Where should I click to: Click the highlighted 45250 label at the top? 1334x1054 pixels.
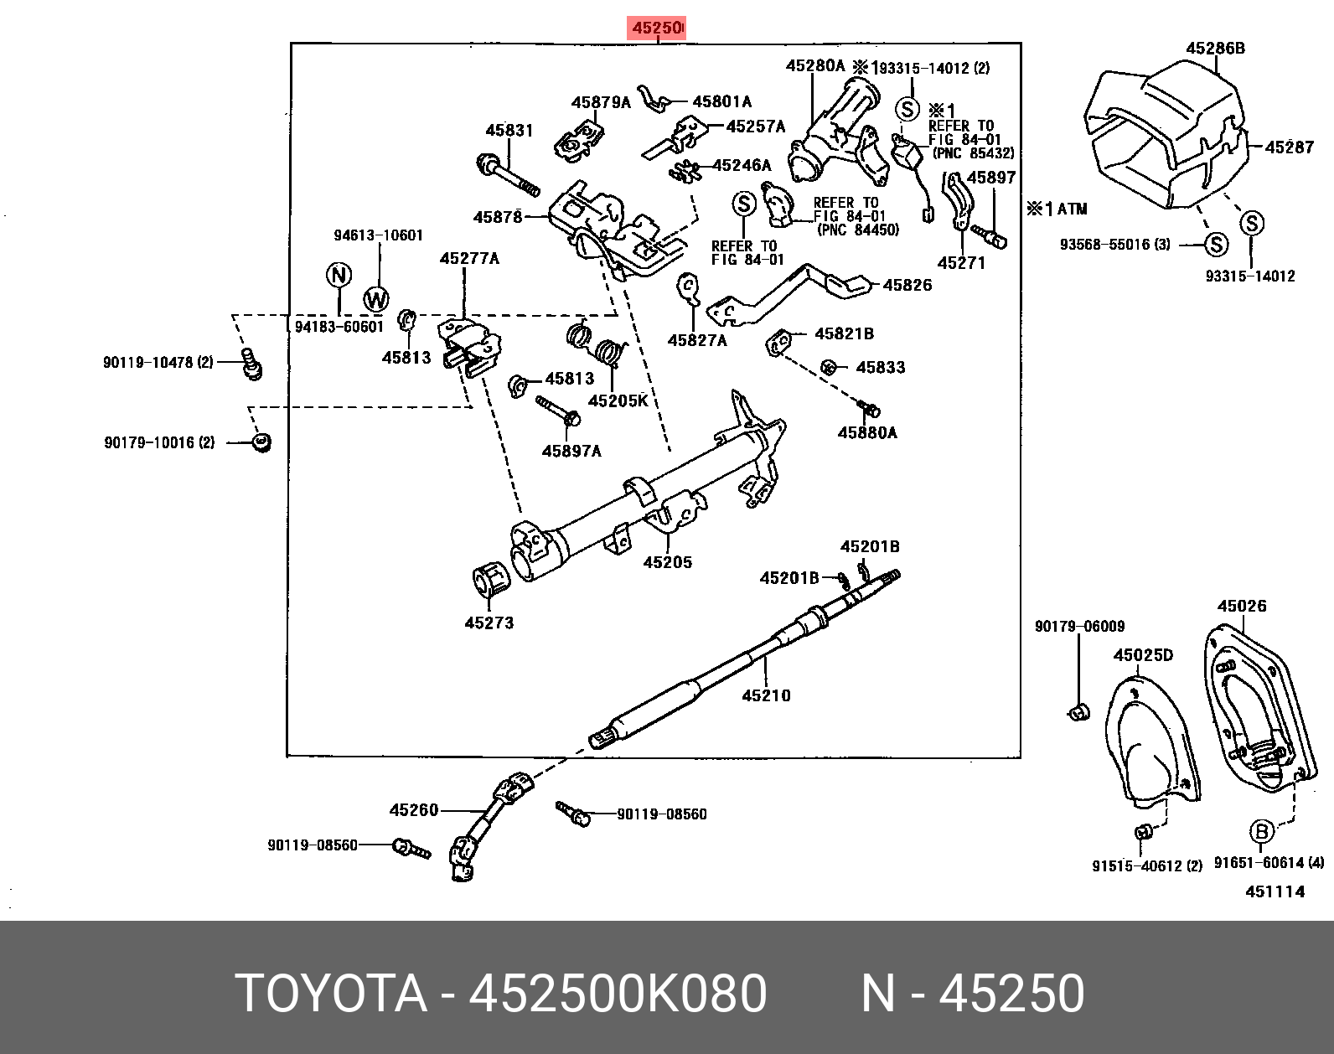657,28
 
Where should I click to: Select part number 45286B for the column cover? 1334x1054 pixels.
1215,49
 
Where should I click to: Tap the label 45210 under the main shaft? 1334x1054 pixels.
766,695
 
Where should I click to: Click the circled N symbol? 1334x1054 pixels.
339,275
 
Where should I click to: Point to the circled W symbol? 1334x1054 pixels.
376,299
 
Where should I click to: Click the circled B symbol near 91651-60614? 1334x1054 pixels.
1261,832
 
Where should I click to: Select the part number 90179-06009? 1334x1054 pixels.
1079,627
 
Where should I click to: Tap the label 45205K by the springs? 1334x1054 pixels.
618,401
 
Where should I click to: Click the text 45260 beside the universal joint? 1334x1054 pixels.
414,810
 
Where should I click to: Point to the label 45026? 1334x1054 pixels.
1242,606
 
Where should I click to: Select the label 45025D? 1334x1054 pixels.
1143,655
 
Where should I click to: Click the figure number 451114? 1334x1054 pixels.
1275,891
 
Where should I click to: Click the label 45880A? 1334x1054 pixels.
867,433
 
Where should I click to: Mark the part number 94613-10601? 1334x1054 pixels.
378,235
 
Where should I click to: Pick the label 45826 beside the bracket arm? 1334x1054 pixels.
907,286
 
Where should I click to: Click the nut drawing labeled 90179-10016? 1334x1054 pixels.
262,442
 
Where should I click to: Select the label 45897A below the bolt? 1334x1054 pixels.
571,452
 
